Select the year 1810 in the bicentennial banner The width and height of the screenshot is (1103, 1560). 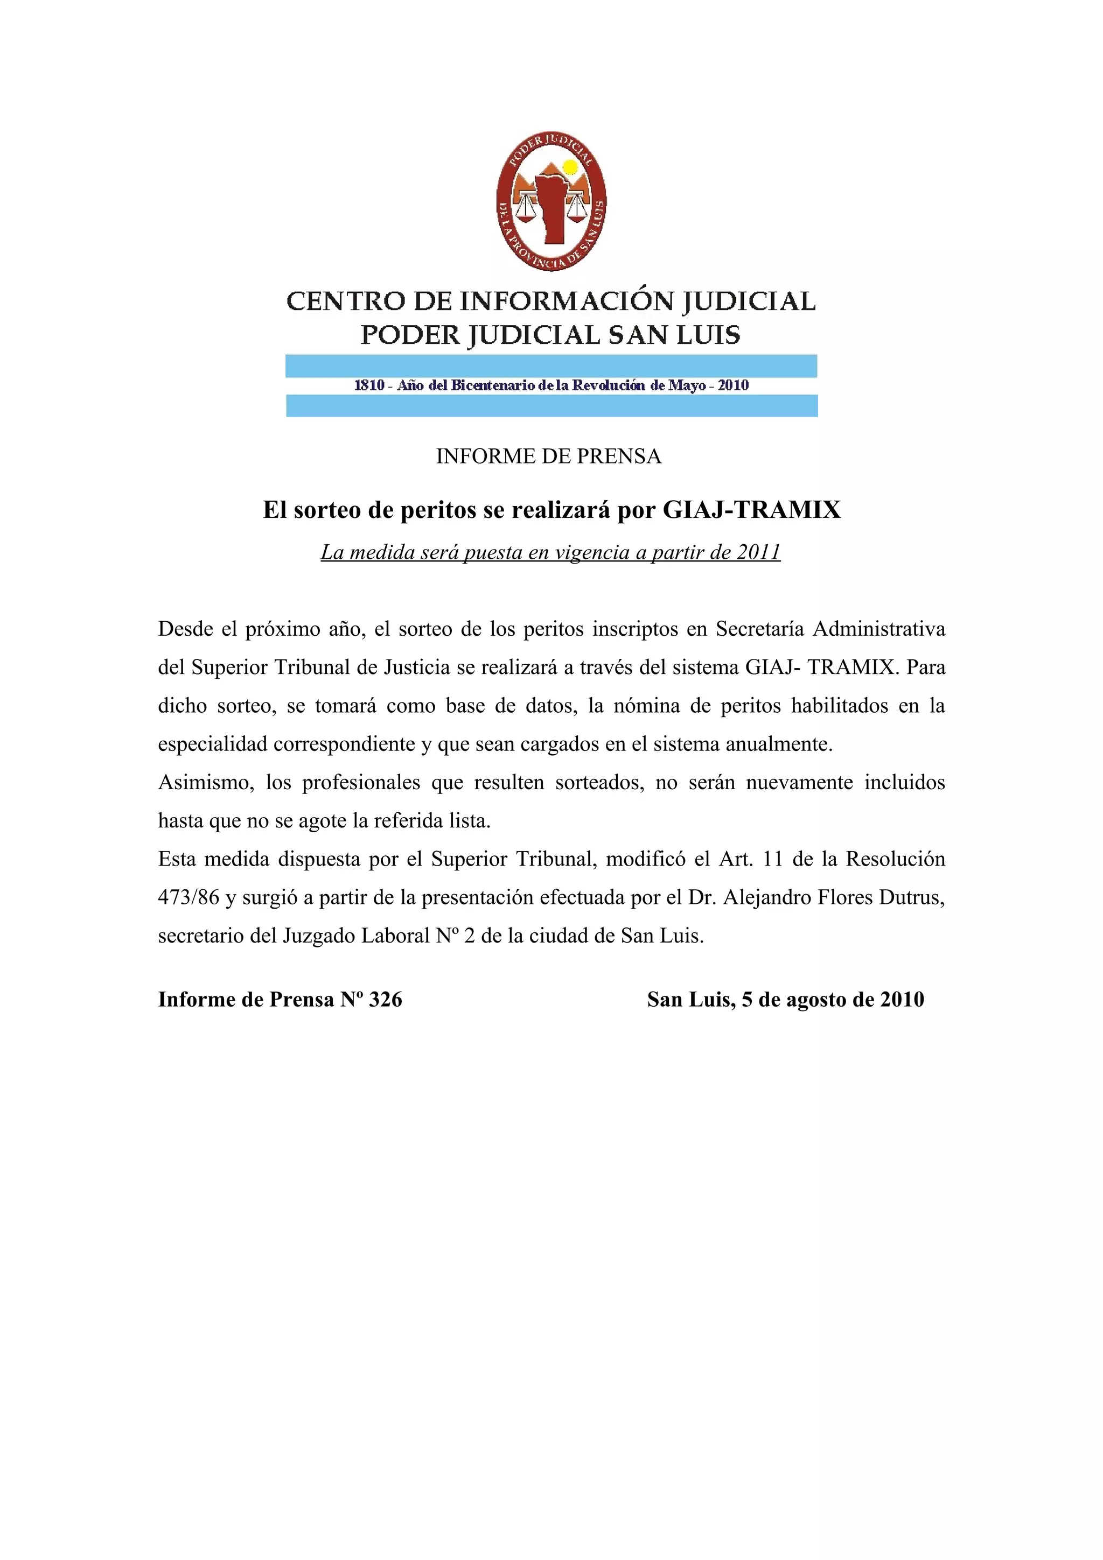coord(369,386)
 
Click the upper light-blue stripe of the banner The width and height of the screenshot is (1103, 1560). coord(551,366)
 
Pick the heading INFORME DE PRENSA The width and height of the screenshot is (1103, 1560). coord(548,456)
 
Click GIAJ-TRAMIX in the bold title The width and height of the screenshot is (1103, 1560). coord(752,510)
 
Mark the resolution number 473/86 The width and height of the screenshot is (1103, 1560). coord(189,897)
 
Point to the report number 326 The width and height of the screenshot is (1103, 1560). coord(385,1000)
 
